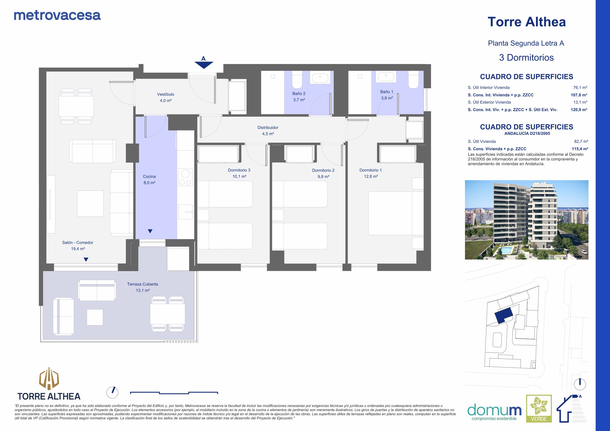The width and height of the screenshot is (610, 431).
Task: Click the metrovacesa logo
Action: [x=57, y=16]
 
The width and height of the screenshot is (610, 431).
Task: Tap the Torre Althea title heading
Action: [x=526, y=22]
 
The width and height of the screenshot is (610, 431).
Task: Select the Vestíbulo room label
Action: [x=166, y=94]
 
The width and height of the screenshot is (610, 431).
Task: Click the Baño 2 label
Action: [x=299, y=93]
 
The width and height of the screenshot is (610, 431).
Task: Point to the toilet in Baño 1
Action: [x=413, y=80]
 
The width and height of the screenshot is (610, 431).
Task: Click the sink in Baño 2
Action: [x=320, y=78]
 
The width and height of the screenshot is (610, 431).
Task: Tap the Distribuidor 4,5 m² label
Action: [x=268, y=131]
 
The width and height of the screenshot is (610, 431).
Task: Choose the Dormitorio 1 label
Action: [x=371, y=170]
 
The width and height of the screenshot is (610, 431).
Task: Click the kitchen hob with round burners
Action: [x=185, y=177]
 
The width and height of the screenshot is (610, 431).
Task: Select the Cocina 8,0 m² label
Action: [x=149, y=180]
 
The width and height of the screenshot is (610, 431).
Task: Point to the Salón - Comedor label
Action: [x=78, y=243]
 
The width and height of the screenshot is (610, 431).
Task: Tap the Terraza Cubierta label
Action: [x=142, y=284]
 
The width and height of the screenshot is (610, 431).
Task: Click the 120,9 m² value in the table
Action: [x=579, y=110]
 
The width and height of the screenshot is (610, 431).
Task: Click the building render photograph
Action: [x=526, y=220]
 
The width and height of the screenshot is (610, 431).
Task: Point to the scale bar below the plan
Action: [x=174, y=393]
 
